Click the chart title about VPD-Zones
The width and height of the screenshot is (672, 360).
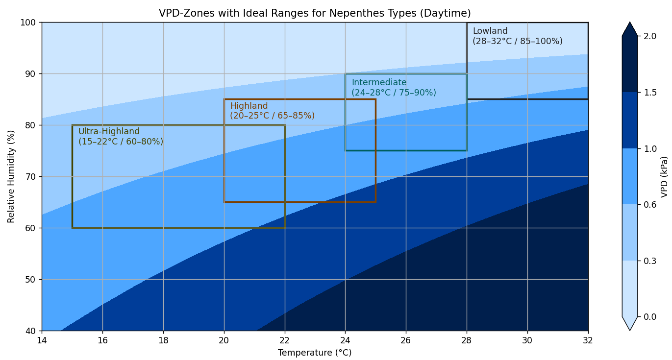pyautogui.click(x=315, y=13)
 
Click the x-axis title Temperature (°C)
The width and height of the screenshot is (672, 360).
pyautogui.click(x=315, y=353)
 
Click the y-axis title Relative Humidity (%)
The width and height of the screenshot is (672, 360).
pyautogui.click(x=11, y=176)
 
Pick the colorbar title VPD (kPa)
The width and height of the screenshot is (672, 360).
pyautogui.click(x=664, y=176)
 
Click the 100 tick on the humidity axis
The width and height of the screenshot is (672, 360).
pyautogui.click(x=29, y=23)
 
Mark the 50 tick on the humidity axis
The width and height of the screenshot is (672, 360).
pyautogui.click(x=31, y=280)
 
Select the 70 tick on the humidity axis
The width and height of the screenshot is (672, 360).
pyautogui.click(x=31, y=177)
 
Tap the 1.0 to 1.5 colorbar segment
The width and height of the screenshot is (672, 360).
pyautogui.click(x=630, y=120)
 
